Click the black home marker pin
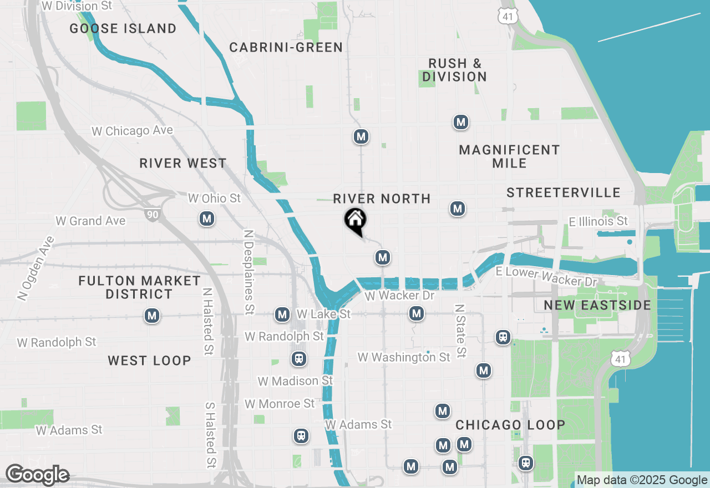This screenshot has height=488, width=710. click(355, 220)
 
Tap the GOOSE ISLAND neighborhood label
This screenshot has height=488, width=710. click(123, 28)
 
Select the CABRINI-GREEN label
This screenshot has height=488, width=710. click(286, 48)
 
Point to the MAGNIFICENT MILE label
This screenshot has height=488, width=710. click(509, 156)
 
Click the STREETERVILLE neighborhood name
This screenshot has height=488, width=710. click(563, 193)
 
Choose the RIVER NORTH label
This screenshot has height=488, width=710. click(382, 199)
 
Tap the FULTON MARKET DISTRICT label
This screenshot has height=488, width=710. click(139, 287)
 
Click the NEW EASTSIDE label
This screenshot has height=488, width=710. click(597, 306)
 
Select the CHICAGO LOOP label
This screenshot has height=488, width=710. click(510, 425)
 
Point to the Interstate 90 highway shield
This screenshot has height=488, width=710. click(152, 214)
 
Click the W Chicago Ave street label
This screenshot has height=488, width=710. click(133, 131)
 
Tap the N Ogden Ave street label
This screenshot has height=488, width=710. click(36, 268)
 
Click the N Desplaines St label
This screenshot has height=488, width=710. click(249, 271)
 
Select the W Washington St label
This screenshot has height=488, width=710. click(404, 357)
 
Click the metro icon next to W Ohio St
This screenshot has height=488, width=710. click(207, 218)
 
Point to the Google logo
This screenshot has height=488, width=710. click(37, 475)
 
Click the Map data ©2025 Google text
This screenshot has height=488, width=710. click(642, 480)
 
